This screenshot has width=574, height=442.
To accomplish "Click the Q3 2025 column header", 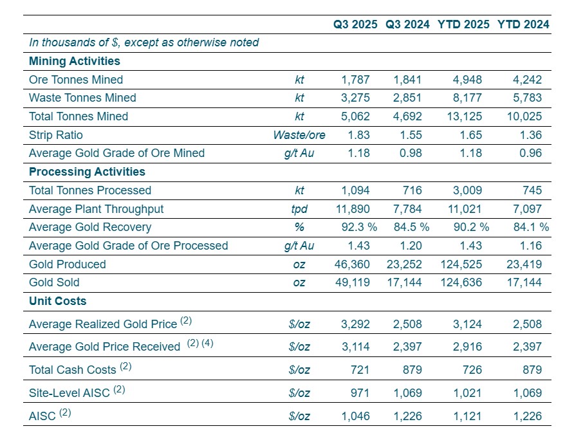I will pos(356,24).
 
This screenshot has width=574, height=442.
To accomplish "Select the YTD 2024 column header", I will pos(523,24).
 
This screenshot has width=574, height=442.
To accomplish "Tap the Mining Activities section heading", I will pos(74,61).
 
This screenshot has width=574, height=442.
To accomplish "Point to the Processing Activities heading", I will pos(87,172).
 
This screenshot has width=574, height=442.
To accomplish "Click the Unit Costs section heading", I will pos(57,301).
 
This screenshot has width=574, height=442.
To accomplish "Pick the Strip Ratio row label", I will pos(56,135).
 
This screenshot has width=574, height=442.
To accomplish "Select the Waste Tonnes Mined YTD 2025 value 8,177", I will pos(467,98).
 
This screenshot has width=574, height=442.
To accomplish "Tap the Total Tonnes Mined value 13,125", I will pos(463,116).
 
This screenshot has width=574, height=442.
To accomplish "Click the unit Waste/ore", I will pos(299,135).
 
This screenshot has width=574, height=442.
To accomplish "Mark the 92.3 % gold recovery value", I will pos(358,227).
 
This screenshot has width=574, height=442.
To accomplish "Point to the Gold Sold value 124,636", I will pos(461,282).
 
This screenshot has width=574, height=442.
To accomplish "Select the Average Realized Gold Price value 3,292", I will pos(356,324).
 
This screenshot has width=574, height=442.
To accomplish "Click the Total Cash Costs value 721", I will pos(360,370).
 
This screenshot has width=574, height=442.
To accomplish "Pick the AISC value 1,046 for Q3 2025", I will pos(356,416).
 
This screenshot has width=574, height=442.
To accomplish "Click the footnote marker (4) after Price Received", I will pos(207,344).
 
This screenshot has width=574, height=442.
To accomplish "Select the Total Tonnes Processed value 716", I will pos(412,190).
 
